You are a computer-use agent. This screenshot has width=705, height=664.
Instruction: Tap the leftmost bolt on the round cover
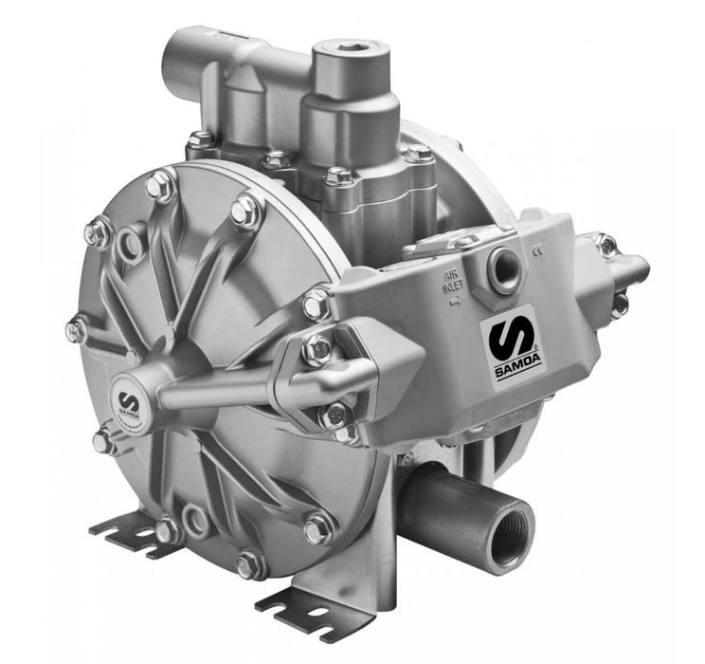click(x=76, y=329)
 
